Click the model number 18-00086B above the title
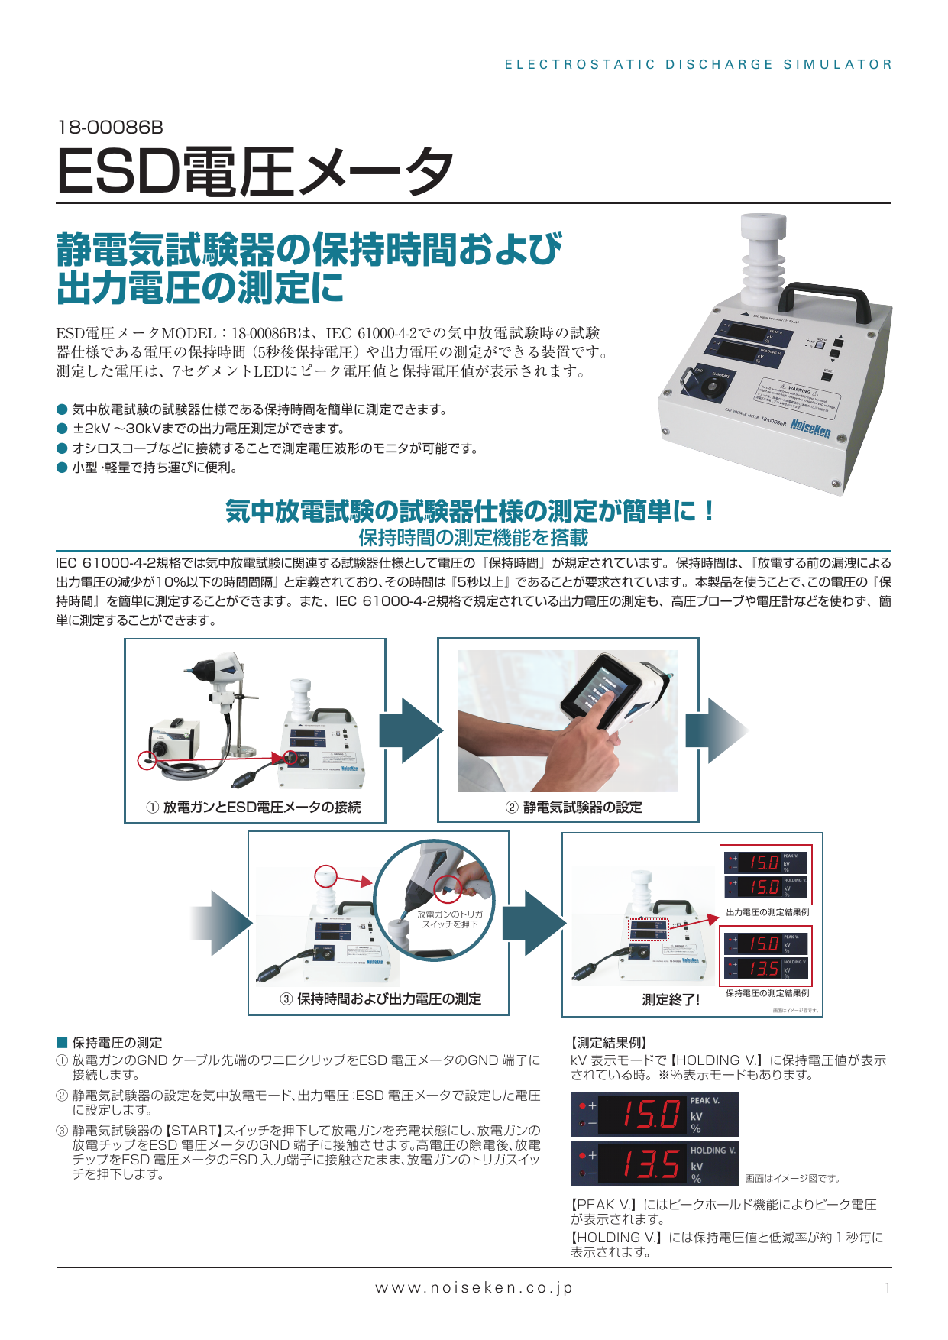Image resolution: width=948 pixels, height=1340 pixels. (x=110, y=127)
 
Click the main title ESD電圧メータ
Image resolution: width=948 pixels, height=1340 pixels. (x=254, y=172)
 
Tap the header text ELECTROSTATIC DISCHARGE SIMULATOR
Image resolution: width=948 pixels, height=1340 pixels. (x=698, y=65)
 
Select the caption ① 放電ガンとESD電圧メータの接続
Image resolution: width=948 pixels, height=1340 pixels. (x=254, y=807)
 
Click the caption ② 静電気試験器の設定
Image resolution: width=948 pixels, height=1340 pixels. (x=574, y=807)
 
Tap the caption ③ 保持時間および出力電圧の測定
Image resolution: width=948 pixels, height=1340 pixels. (x=380, y=999)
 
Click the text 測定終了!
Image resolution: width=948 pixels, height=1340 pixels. (x=670, y=999)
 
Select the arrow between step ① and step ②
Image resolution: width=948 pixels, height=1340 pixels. (x=411, y=730)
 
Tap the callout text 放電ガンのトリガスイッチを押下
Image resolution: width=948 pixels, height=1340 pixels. (x=450, y=919)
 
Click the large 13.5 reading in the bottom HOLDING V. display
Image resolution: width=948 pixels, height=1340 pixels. (x=649, y=1164)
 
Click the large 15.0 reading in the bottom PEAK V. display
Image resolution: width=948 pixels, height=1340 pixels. (x=649, y=1114)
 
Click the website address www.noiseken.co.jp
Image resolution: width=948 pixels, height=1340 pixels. (x=474, y=1287)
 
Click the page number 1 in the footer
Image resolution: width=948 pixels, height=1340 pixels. (x=887, y=1288)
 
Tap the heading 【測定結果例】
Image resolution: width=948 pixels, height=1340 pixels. (x=610, y=1043)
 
